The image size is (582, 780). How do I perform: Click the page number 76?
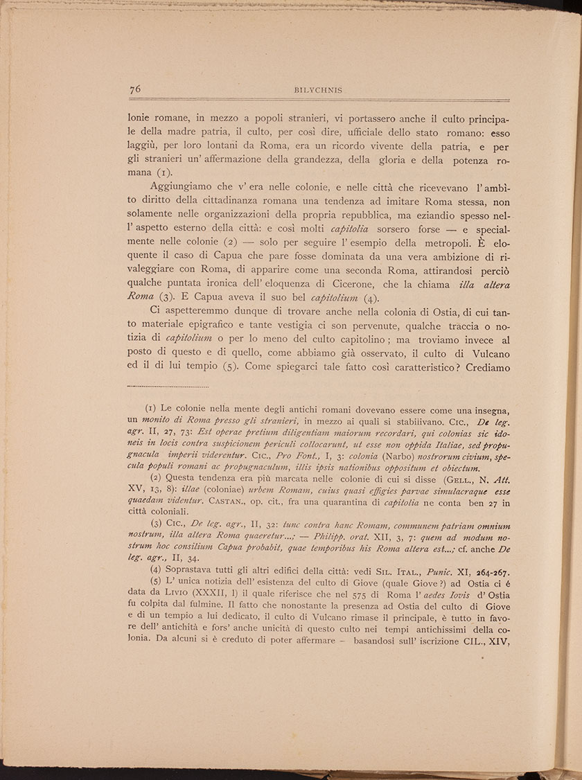[136, 89]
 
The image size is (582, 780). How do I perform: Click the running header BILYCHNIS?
[319, 90]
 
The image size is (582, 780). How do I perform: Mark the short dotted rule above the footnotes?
[168, 387]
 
